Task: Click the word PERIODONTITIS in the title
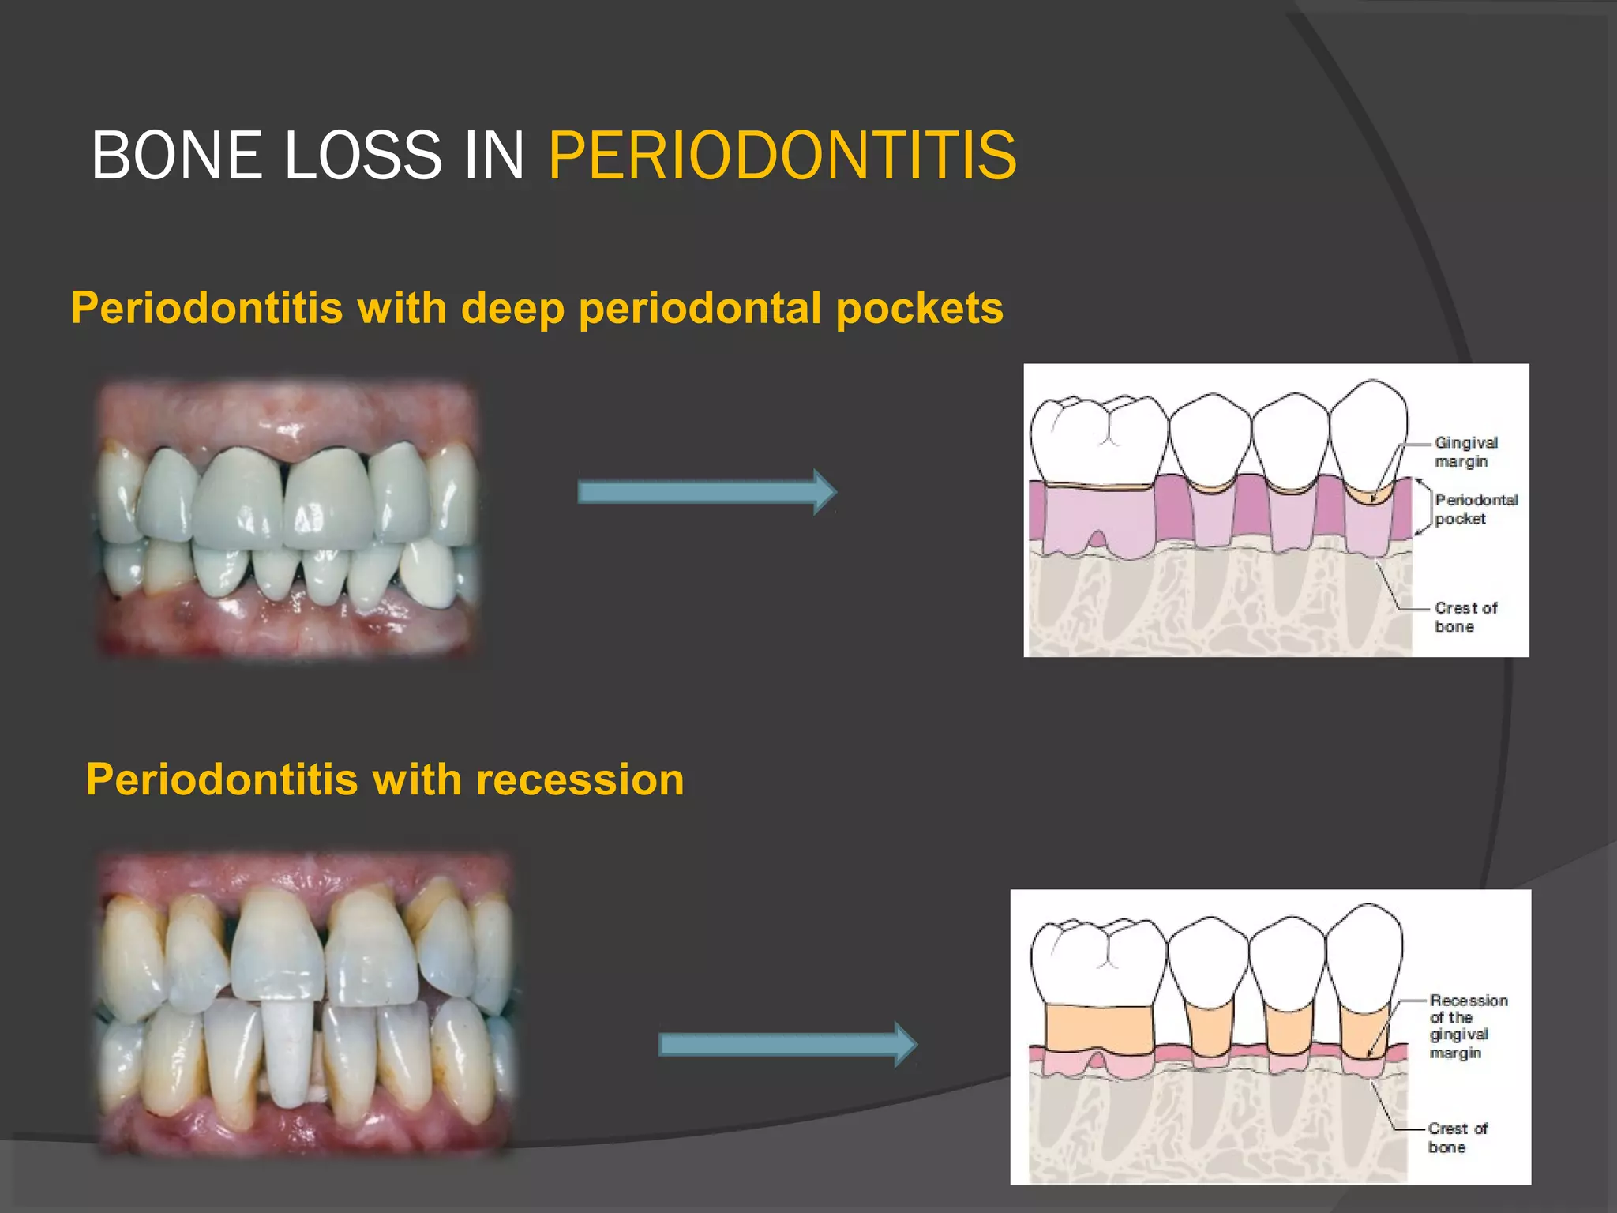[x=782, y=156]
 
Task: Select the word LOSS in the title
[x=362, y=156]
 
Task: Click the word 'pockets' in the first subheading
[x=919, y=308]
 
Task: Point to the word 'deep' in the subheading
[x=512, y=308]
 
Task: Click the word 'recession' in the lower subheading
[x=580, y=780]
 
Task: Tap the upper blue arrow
[x=706, y=492]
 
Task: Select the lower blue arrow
[x=787, y=1044]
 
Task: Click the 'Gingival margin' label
[x=1465, y=452]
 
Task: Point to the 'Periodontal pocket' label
[x=1475, y=509]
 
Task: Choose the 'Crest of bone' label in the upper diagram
[x=1465, y=617]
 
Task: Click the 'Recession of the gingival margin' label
[x=1467, y=1026]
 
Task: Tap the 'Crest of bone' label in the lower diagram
[x=1457, y=1137]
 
